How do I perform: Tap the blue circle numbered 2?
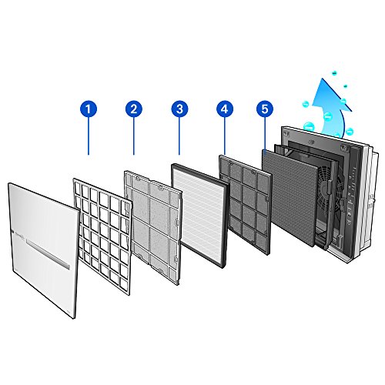[134, 110]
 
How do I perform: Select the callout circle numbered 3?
[179, 110]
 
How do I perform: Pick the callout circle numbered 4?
[224, 110]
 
